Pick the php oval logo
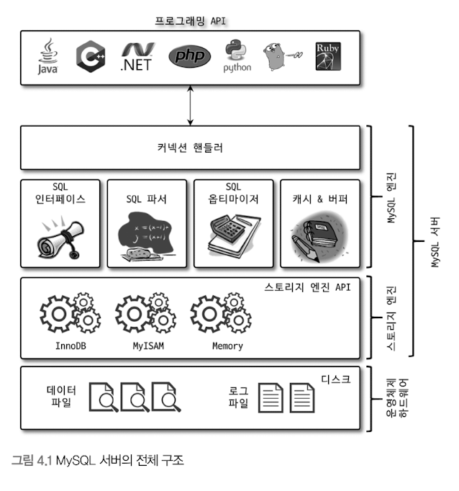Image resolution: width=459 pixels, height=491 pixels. click(190, 56)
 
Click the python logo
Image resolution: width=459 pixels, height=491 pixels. click(237, 56)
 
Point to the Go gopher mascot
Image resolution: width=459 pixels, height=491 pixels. click(280, 57)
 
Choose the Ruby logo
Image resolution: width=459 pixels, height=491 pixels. click(328, 57)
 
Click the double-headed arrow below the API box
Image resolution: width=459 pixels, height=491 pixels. click(190, 104)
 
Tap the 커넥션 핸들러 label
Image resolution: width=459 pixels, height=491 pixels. click(190, 148)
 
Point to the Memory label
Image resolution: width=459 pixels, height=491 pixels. click(227, 346)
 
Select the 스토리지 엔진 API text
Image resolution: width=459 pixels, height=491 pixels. click(307, 287)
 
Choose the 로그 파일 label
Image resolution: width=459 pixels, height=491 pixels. click(238, 397)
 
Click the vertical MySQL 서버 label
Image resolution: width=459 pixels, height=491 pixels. click(435, 241)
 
